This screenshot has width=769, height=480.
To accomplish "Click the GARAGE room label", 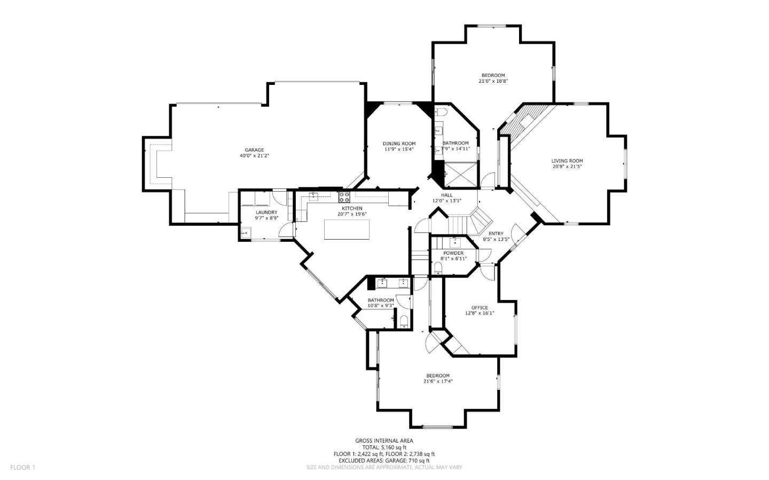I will point(254,150).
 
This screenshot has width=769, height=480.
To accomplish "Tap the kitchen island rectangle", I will point(347,230).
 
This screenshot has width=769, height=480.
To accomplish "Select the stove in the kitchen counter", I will point(343,196).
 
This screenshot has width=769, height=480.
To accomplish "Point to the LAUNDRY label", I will point(266,212).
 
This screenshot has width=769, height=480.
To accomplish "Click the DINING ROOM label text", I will point(399,143).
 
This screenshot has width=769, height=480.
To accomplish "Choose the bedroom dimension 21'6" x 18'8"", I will point(492,81).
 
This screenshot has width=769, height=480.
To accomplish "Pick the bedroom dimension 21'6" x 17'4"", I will point(438,381).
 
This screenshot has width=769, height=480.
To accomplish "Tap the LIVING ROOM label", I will point(567,161).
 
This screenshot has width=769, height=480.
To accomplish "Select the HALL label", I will point(446,195).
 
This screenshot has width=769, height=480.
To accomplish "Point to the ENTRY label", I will point(496,233).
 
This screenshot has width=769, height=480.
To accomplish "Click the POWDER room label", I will point(453,253).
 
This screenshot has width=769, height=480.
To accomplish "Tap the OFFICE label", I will point(480,308).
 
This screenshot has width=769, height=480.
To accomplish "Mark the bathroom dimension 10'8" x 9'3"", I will point(381,306).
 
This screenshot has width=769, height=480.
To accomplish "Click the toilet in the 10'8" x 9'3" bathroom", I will point(404,321).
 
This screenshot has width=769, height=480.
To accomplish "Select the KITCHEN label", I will point(352,208).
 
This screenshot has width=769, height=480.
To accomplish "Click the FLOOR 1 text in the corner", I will point(22,467).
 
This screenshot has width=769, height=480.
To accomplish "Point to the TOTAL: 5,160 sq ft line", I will point(384,447).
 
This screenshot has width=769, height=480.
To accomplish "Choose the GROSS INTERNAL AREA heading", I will point(384,440).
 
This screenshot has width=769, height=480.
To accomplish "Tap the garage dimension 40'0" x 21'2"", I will point(254,156).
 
